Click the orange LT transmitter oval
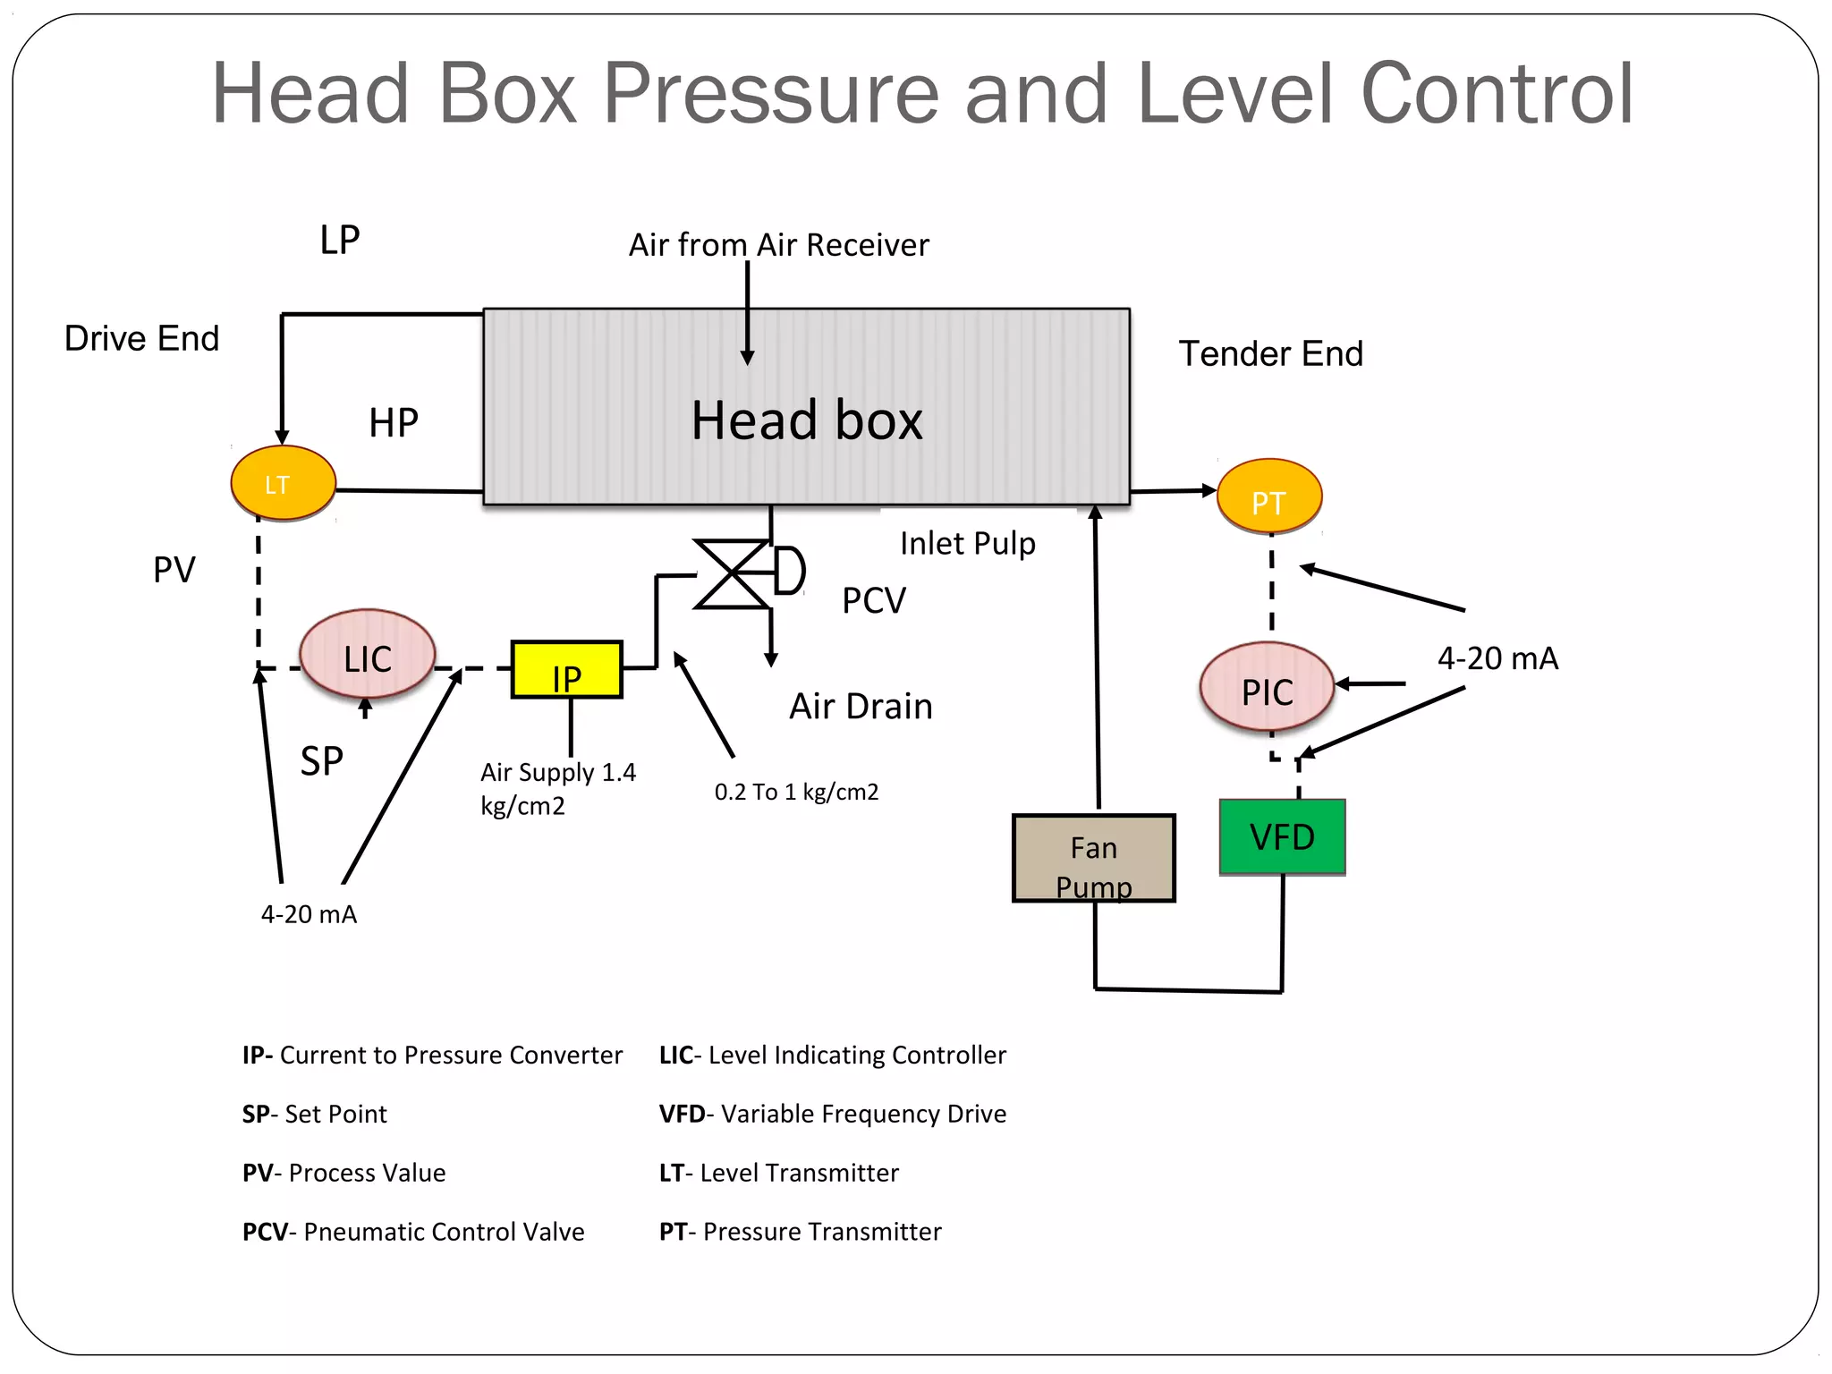(x=283, y=483)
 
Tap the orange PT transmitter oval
(x=1268, y=497)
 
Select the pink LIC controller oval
(x=368, y=655)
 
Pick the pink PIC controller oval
(x=1267, y=687)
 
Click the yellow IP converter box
(x=566, y=670)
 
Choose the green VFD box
(x=1282, y=836)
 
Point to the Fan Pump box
(x=1093, y=858)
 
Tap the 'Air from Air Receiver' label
(x=778, y=245)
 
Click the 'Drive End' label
(x=141, y=339)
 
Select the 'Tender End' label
(x=1270, y=354)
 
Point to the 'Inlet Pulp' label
(x=967, y=544)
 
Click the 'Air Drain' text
(x=860, y=707)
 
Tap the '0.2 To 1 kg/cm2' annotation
(x=796, y=793)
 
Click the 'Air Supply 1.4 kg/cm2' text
(x=556, y=788)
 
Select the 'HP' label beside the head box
(x=393, y=423)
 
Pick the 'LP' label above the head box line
(x=340, y=241)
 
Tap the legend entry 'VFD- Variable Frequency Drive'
(x=832, y=1114)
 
